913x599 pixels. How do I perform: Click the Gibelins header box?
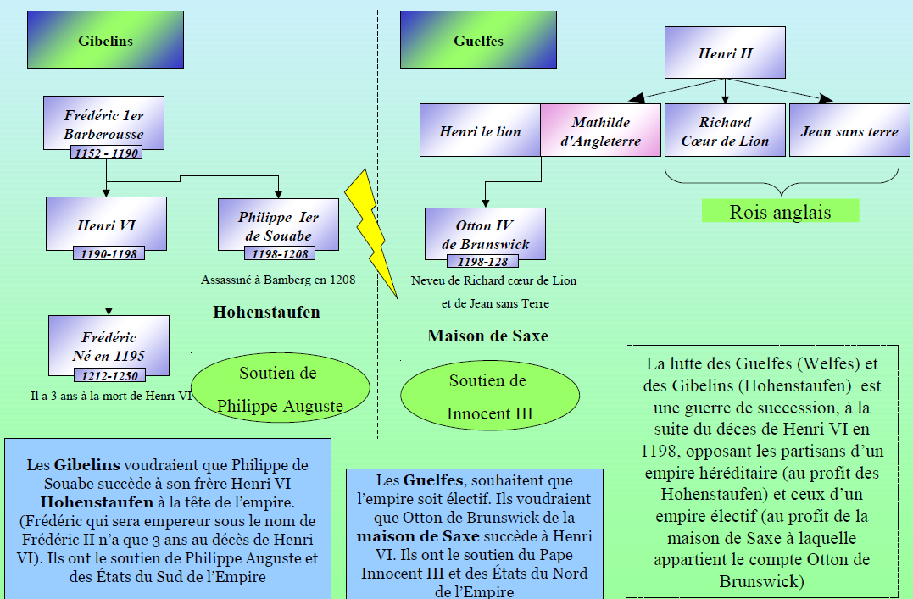[x=105, y=41]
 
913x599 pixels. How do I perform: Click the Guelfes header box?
[x=478, y=41]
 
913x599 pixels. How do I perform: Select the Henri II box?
[x=725, y=53]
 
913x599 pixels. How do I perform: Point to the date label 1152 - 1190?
[x=106, y=153]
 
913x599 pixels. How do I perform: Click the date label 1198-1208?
[x=279, y=253]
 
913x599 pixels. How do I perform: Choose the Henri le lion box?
[x=480, y=131]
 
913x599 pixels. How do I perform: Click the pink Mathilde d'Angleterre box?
[x=600, y=131]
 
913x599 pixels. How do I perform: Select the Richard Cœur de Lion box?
[x=725, y=131]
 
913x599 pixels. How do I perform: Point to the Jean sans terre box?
[x=849, y=131]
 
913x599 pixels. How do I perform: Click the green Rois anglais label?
[x=780, y=211]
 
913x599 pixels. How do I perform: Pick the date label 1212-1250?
[x=108, y=375]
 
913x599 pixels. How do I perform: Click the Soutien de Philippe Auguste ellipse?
[x=280, y=389]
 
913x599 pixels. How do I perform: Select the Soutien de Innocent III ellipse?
[x=489, y=397]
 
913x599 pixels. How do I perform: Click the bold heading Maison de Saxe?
[x=487, y=336]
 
